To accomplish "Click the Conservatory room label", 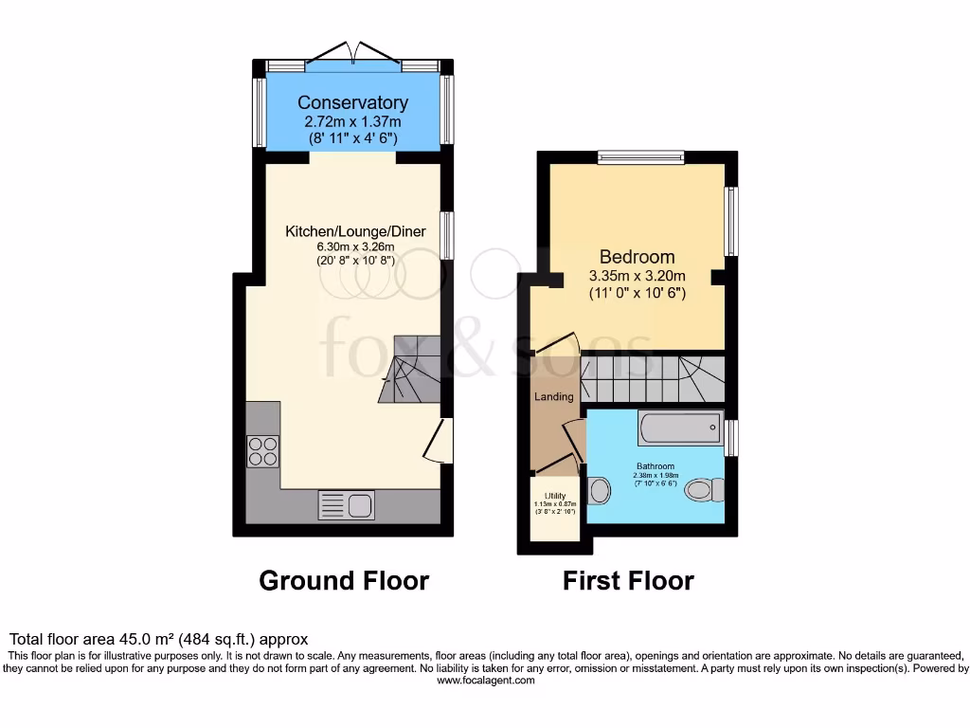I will pos(352,102).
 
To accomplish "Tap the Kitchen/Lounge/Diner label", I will pos(355,231).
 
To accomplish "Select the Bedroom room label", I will pos(637,257).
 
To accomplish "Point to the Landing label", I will pos(554,396).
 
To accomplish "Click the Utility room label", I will pos(555,496).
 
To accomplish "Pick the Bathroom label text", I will pos(655,466).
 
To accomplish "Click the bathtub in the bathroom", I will pos(681,428).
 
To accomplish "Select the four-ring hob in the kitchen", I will pos(262,451).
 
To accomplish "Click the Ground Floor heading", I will pos(344,580).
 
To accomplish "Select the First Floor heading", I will pos(628,580).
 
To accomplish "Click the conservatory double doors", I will pos(352,53).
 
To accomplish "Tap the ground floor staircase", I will pos(409,370).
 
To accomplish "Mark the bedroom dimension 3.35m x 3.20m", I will pos(637,276).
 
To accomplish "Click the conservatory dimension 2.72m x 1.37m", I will pos(352,121).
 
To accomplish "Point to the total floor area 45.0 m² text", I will pos(159,640).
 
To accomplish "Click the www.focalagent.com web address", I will pos(484,681).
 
